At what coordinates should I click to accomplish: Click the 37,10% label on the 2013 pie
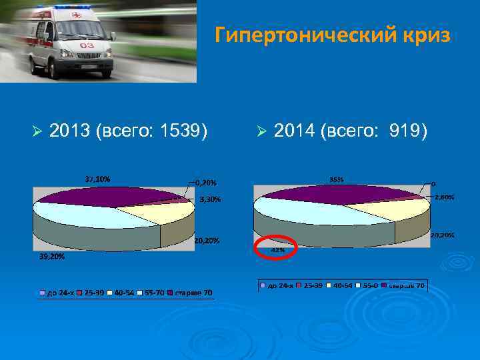tap(98, 179)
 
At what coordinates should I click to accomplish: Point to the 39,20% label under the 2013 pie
tap(51, 256)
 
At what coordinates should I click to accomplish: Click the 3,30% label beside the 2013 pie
tap(210, 199)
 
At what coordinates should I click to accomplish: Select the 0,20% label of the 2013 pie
tap(206, 181)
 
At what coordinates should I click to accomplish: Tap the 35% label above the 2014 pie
tap(337, 179)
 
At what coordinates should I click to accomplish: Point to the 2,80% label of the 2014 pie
tap(444, 197)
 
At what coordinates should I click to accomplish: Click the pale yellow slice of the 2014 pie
tap(393, 208)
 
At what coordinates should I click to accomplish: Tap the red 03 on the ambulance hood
tap(87, 46)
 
